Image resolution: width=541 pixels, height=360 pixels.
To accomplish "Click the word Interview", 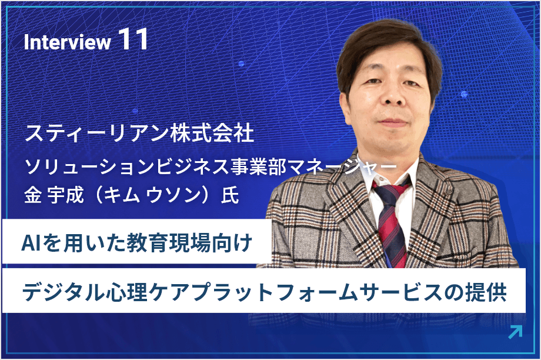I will (x=68, y=42).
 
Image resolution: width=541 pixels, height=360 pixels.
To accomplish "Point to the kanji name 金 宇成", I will (x=51, y=195).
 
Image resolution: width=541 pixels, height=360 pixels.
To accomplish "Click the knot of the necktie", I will (x=392, y=192).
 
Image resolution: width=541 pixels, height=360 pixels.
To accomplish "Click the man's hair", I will (x=388, y=38).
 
